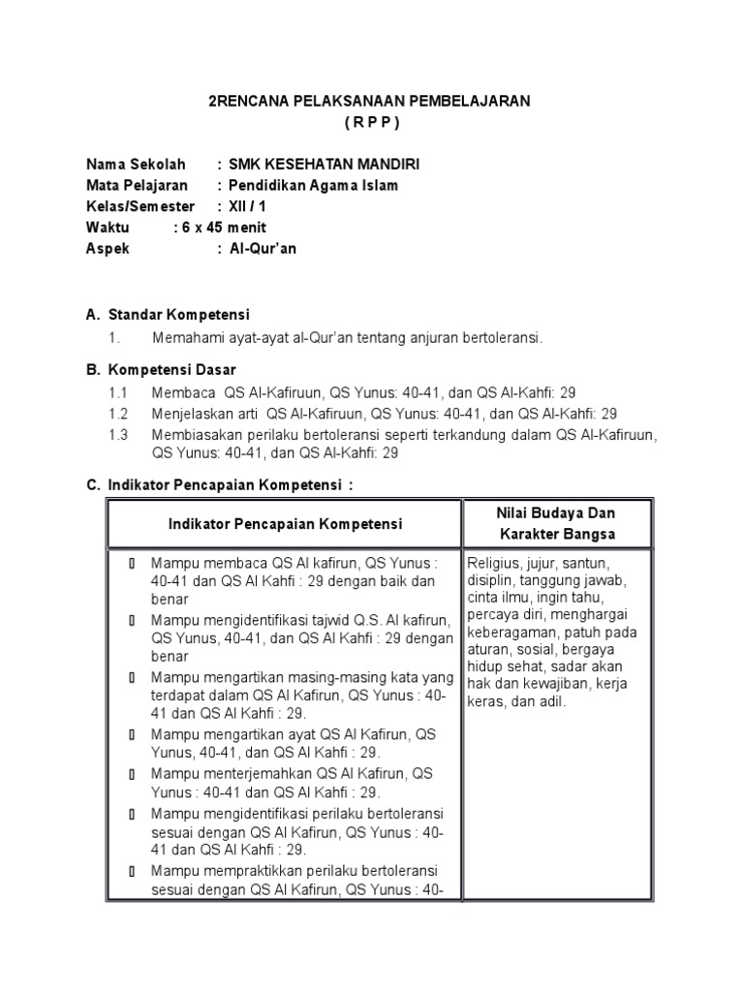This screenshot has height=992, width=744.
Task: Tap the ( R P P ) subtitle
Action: pyautogui.click(x=371, y=123)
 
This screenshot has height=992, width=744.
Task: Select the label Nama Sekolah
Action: pyautogui.click(x=136, y=165)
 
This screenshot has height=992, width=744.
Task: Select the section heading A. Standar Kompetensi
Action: pyautogui.click(x=168, y=315)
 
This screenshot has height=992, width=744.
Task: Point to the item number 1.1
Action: pyautogui.click(x=118, y=392)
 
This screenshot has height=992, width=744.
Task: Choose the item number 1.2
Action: pyautogui.click(x=118, y=413)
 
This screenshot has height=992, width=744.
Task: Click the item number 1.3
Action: pyautogui.click(x=118, y=434)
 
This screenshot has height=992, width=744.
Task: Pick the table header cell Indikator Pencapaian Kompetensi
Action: pyautogui.click(x=285, y=524)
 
